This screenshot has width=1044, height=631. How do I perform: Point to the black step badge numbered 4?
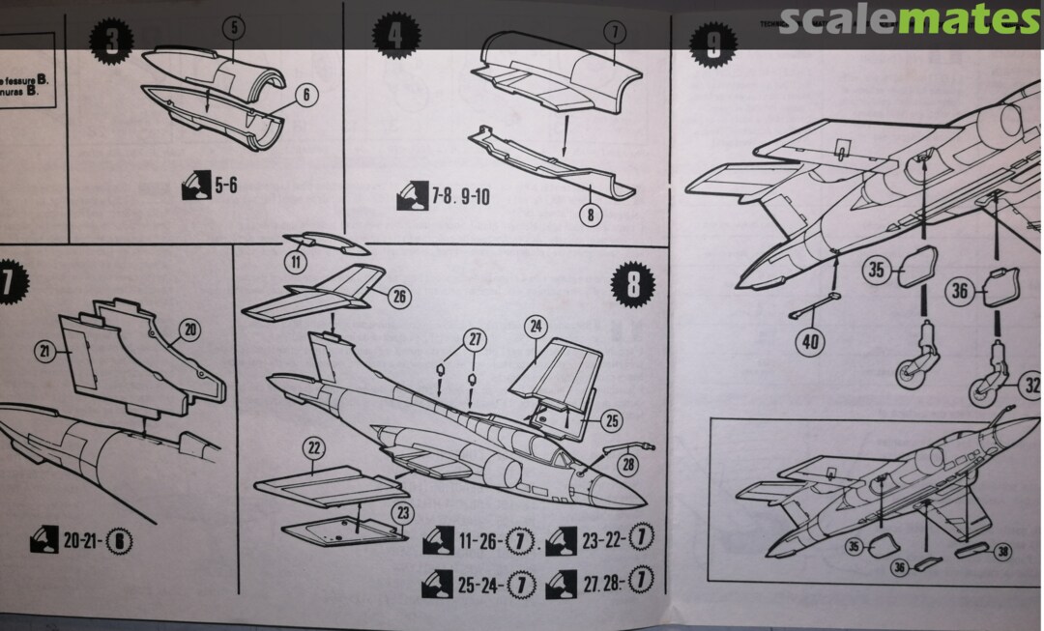point(395,36)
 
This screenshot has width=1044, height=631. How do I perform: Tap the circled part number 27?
point(475,340)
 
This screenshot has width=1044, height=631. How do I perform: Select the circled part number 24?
point(536,326)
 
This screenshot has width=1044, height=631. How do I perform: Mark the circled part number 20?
point(190,330)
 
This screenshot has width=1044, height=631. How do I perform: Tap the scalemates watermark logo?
point(909,20)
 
